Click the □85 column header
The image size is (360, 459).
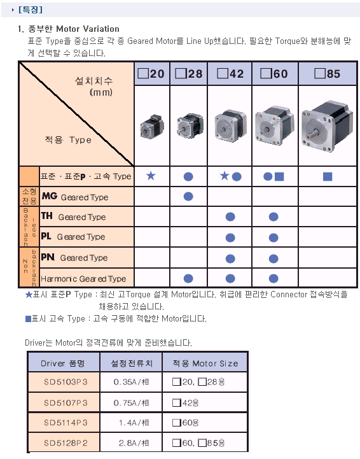pos(328,73)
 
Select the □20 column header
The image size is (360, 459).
pos(152,73)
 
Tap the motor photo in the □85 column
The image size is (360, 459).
pos(328,126)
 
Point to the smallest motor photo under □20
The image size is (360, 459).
pos(152,127)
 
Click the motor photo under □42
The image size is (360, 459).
pos(230,126)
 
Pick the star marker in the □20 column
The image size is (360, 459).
pos(151,176)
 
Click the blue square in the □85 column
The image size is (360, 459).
pos(328,176)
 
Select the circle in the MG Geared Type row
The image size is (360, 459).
pos(188,197)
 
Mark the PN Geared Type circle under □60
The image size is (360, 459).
pos(273,258)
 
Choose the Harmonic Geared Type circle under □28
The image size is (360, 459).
pos(188,278)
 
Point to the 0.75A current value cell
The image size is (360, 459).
pos(131,403)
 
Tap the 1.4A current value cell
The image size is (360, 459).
pos(131,423)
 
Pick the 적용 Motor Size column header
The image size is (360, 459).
pos(205,363)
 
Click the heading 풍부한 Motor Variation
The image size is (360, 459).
pos(74,29)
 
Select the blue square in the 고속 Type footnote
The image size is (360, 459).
pos(28,319)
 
